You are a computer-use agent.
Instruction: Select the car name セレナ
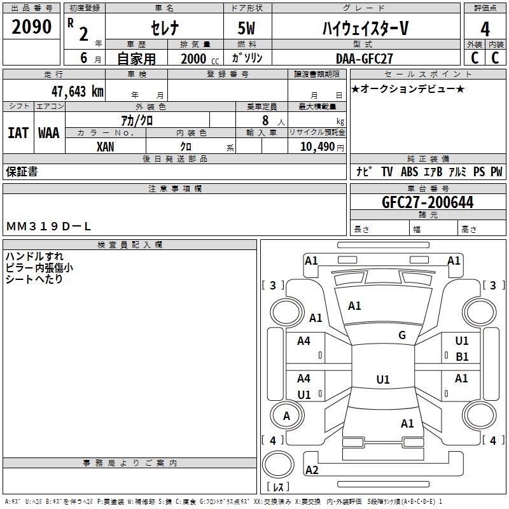164,29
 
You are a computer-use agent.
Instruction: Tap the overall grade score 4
485,29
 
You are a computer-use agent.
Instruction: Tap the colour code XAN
106,146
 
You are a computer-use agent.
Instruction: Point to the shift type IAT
18,133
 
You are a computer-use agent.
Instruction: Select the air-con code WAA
49,133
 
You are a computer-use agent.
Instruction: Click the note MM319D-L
49,226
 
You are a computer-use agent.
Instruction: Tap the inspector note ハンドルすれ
34,256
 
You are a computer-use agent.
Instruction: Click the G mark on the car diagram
402,335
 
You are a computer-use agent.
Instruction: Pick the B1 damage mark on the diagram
462,357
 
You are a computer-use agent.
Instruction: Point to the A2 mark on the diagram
312,470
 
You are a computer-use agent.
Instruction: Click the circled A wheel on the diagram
286,416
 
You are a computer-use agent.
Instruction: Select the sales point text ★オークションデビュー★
407,88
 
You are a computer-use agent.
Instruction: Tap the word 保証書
22,172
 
